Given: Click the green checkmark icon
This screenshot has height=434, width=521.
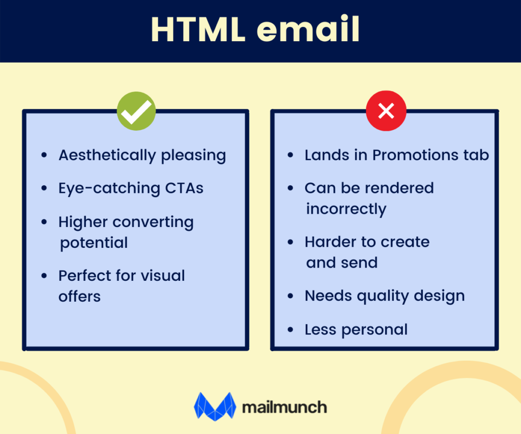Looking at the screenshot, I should [136, 110].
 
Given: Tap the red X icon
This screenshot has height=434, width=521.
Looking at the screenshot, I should [386, 110].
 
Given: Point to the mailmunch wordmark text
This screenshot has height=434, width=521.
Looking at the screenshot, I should [284, 407].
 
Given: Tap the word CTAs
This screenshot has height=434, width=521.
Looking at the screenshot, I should [184, 188].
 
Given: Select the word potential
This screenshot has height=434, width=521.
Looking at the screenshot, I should [94, 243].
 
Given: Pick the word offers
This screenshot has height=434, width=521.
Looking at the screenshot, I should [79, 296].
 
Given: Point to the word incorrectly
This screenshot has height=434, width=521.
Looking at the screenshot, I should [346, 209].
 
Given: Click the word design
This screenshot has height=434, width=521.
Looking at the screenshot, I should [441, 296].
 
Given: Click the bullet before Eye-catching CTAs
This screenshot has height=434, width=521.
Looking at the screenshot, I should [45, 189].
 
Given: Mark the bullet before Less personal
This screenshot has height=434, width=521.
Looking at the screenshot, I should [291, 330].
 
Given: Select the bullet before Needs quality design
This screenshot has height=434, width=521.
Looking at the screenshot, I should [291, 296].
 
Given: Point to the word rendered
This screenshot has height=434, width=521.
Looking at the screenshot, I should [402, 188].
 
